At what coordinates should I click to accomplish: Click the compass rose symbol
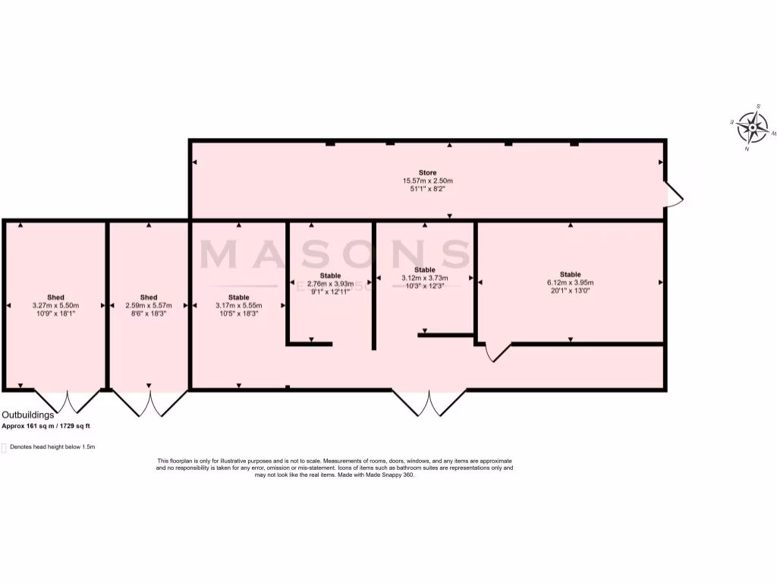753,128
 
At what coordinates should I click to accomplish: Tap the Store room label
428,172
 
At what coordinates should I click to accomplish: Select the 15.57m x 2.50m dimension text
428,181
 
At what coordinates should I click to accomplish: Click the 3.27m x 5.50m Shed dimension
55,305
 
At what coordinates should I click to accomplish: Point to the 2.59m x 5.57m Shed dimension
149,305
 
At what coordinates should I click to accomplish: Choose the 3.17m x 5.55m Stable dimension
238,305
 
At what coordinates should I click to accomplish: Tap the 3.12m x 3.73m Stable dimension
425,278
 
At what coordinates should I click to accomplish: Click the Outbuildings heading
28,415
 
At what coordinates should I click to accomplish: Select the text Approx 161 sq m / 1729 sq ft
51,426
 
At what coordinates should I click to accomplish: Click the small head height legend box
4,447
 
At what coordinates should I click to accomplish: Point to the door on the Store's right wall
673,194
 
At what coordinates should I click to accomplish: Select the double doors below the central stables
429,403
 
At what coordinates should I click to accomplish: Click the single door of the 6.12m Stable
495,351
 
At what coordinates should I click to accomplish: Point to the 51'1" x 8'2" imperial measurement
428,189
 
